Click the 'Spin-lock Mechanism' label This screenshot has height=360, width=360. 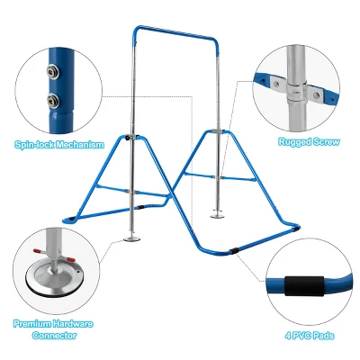[59, 145]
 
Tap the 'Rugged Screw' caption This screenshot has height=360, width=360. [309, 141]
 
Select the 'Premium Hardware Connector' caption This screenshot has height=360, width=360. [53, 329]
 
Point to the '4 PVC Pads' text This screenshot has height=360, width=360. [310, 335]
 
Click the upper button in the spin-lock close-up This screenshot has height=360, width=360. [52, 72]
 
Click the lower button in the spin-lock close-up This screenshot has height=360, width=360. [53, 100]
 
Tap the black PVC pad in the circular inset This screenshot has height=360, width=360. [304, 285]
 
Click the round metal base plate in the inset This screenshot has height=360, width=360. [55, 276]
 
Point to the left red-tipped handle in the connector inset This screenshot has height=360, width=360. [38, 250]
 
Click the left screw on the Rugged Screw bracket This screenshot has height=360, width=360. [276, 83]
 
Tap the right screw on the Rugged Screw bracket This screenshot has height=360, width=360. [316, 95]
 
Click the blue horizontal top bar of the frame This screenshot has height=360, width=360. [175, 33]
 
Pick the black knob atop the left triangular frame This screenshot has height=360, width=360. [128, 138]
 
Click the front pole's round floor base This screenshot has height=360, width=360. [132, 238]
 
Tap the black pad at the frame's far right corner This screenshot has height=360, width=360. [296, 229]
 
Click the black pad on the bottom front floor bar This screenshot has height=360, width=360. [233, 251]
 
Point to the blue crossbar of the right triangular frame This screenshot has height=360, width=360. [220, 176]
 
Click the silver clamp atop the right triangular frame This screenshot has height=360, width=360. [218, 130]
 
